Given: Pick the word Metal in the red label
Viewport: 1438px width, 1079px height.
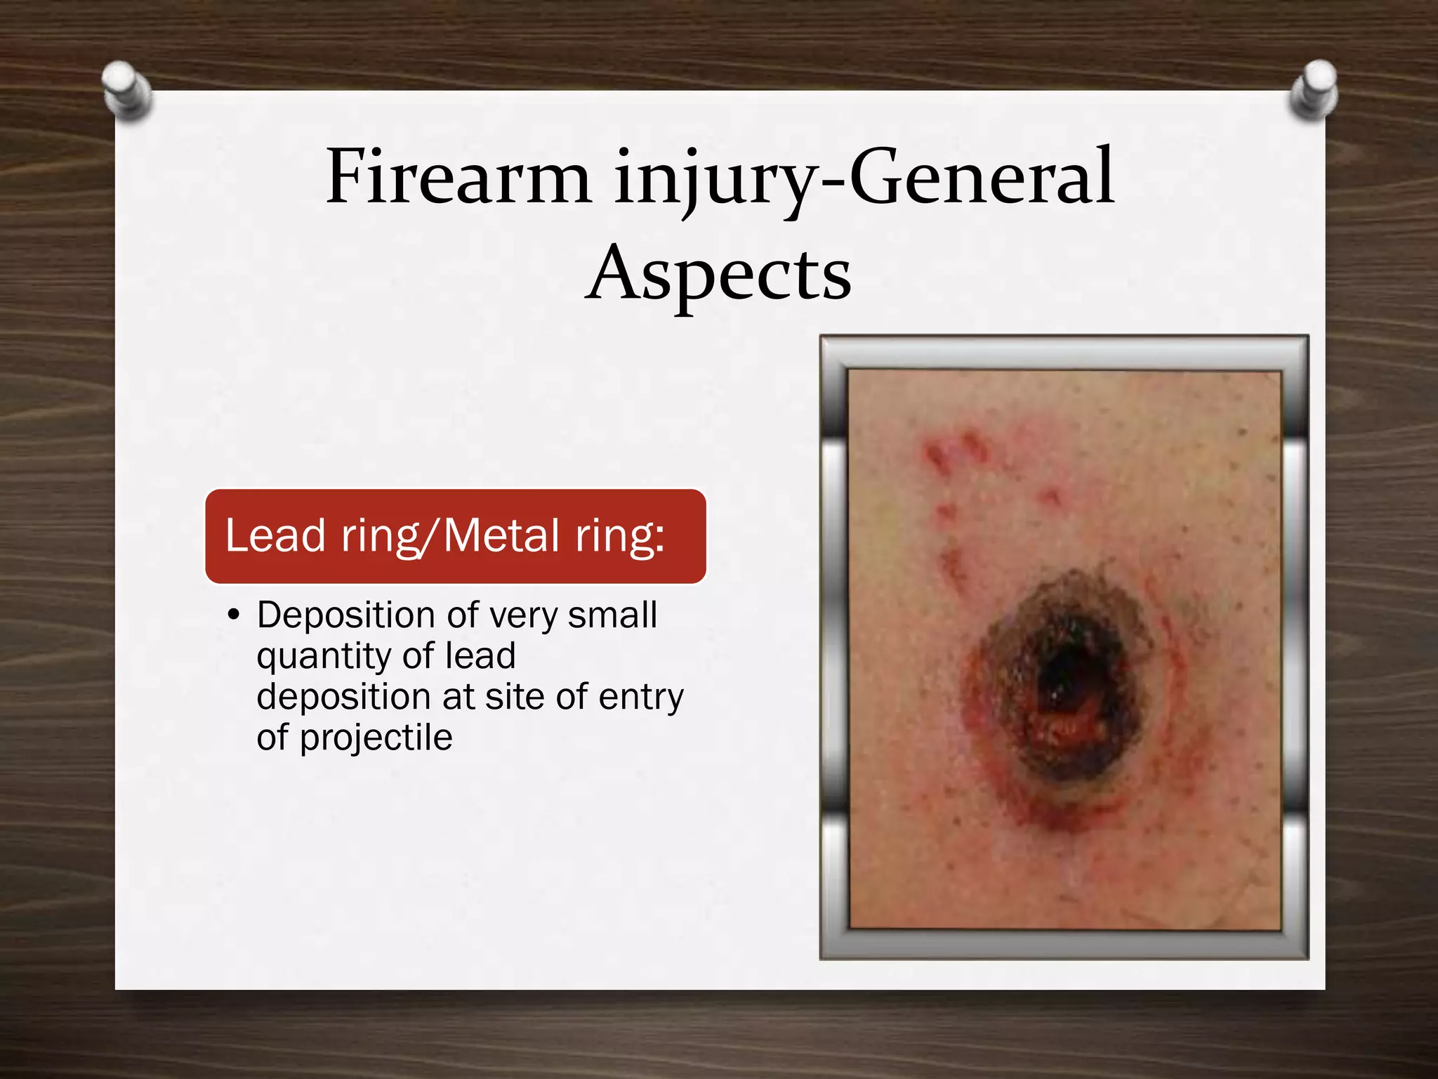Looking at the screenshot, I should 501,535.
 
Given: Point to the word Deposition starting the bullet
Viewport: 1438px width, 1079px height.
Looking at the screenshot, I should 347,615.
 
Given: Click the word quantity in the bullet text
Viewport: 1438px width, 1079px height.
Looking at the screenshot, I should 323,658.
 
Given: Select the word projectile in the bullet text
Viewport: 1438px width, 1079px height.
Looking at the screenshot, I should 376,738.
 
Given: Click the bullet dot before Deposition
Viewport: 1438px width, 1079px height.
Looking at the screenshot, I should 234,616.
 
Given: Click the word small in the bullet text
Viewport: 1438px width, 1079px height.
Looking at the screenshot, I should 612,615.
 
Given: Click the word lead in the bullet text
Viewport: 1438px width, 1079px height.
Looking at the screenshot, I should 480,656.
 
